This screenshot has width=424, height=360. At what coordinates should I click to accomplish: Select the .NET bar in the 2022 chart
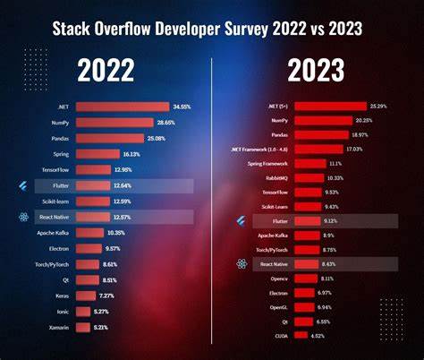(x=121, y=106)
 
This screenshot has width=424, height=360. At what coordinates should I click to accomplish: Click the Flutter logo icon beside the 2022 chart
(x=22, y=185)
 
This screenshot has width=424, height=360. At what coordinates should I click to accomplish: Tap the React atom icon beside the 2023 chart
(x=241, y=264)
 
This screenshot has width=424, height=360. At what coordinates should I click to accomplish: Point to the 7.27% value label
(x=107, y=296)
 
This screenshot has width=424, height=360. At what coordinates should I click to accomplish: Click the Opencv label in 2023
(x=278, y=279)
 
